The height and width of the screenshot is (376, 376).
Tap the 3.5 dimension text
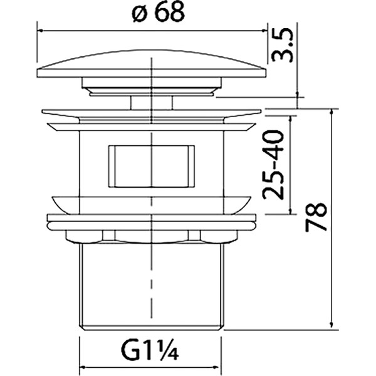[283, 47]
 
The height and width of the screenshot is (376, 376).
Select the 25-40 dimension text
[276, 164]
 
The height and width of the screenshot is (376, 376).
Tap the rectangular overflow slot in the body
[151, 166]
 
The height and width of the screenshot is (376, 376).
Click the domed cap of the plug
[151, 63]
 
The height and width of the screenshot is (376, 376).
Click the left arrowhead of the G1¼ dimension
[82, 367]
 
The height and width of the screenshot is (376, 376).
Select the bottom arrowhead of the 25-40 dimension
[293, 211]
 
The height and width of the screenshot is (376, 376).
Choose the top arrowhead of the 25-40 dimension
[293, 117]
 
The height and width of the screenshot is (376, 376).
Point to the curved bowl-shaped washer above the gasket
[151, 204]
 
